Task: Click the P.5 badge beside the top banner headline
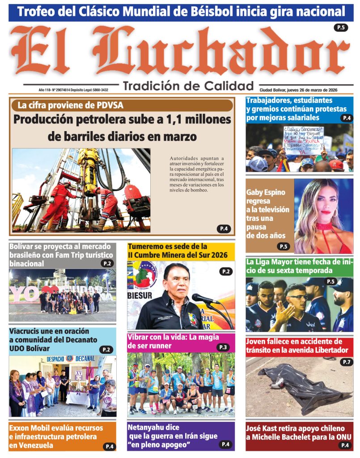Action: pos(341,28)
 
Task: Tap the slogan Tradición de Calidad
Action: pos(188,85)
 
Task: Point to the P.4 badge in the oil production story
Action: pos(224,229)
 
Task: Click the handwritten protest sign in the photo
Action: pos(303,139)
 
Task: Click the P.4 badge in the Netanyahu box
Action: pos(225,444)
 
